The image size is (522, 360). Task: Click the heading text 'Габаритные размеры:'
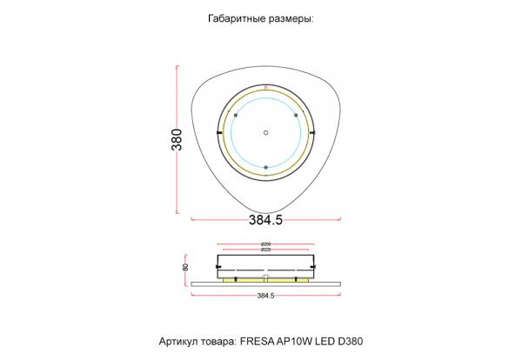tap(260, 18)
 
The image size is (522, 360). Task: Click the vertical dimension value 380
tap(177, 139)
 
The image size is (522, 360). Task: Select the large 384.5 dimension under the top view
tap(265, 221)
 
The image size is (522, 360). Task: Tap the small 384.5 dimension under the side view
tap(265, 296)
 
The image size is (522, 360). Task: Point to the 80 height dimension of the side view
tap(185, 268)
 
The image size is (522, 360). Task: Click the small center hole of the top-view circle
tap(266, 132)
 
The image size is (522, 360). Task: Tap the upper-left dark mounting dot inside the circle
tap(237, 116)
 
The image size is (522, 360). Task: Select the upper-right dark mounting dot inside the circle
tap(296, 116)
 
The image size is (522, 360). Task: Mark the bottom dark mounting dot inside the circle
tap(266, 166)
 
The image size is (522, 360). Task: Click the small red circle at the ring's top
tap(266, 88)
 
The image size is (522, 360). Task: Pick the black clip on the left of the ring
tap(218, 132)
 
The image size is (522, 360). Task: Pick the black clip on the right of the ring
tap(314, 132)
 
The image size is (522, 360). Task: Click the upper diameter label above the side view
tap(265, 243)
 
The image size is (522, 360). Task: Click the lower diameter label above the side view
tap(265, 250)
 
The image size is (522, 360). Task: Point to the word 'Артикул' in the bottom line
tap(178, 342)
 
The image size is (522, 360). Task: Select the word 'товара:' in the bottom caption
tap(217, 342)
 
